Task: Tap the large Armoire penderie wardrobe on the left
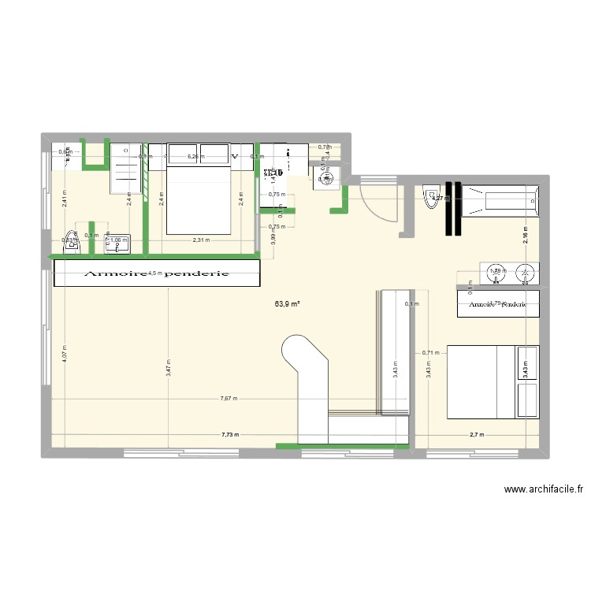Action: (x=156, y=274)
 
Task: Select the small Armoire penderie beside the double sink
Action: (x=499, y=303)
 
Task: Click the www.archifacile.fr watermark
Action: (x=543, y=490)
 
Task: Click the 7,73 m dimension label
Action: (x=230, y=434)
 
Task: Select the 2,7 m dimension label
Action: (x=477, y=434)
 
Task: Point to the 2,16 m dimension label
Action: (x=525, y=234)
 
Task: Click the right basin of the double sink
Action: (x=524, y=274)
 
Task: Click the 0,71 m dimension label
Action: (x=429, y=353)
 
